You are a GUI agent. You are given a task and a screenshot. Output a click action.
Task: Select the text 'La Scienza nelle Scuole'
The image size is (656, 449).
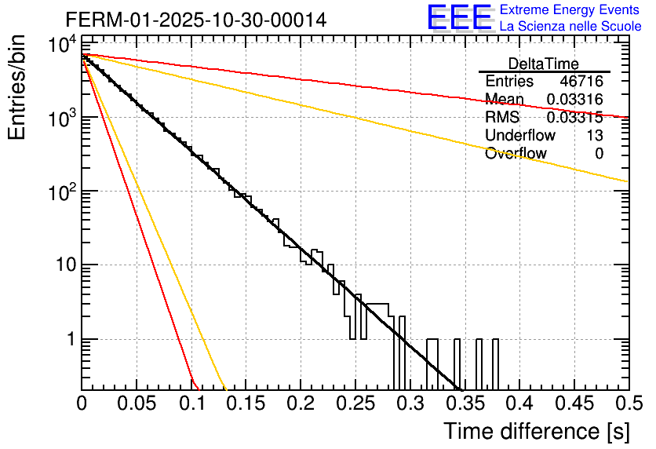click(570, 27)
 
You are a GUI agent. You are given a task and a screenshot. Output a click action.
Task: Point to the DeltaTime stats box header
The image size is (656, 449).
click(543, 64)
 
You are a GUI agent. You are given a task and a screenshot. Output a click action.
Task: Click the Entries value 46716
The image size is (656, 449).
click(581, 82)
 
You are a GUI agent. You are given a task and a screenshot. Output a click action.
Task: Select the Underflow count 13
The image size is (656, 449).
click(595, 136)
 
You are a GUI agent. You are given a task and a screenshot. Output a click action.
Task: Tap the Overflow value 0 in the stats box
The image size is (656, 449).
click(599, 154)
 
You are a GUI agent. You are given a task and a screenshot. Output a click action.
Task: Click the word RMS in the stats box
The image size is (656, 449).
click(501, 118)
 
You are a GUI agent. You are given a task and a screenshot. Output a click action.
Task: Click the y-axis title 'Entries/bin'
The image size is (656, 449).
click(18, 87)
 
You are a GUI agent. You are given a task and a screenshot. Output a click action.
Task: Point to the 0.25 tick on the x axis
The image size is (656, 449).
click(355, 403)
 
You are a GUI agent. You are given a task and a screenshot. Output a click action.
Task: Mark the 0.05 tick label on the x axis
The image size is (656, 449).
click(137, 403)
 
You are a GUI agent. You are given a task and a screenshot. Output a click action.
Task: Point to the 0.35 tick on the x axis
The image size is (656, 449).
click(465, 403)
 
